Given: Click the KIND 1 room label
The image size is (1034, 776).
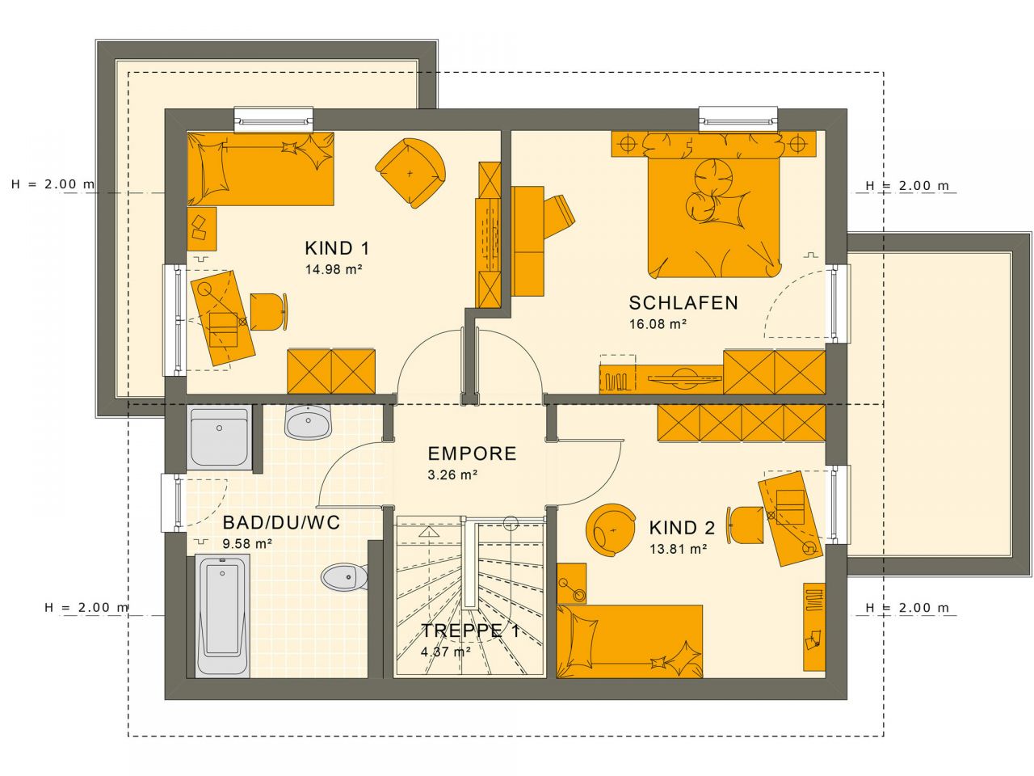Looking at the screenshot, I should pyautogui.click(x=337, y=248).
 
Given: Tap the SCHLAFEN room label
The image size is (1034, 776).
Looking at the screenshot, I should pyautogui.click(x=683, y=303).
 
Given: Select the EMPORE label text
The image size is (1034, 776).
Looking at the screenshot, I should pyautogui.click(x=472, y=453).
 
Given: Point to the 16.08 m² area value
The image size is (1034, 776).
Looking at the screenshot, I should pyautogui.click(x=658, y=324).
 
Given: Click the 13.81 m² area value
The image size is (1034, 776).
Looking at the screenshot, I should pyautogui.click(x=679, y=549).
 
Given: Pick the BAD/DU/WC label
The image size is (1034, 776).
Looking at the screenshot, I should pyautogui.click(x=281, y=523).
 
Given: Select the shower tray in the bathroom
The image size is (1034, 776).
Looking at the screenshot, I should pyautogui.click(x=219, y=437).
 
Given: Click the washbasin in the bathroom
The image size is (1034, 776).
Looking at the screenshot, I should pyautogui.click(x=309, y=422).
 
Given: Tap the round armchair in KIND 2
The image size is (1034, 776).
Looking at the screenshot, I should pyautogui.click(x=611, y=529).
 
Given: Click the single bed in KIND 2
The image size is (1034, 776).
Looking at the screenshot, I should pyautogui.click(x=629, y=640).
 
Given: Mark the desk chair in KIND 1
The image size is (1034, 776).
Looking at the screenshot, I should pyautogui.click(x=267, y=312).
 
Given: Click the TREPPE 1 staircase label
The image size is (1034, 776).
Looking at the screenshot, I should pyautogui.click(x=469, y=631).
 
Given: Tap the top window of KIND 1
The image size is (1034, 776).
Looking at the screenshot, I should pyautogui.click(x=273, y=120).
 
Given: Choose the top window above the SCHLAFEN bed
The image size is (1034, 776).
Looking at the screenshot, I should pyautogui.click(x=738, y=119).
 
